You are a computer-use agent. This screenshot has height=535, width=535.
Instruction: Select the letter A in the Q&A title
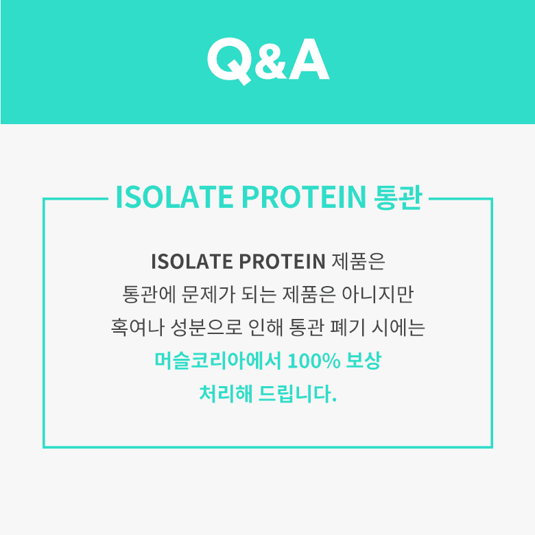pos(309,60)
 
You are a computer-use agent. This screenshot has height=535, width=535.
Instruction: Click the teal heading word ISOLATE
pos(175,197)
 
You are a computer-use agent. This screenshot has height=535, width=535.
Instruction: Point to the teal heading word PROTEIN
pos(304,197)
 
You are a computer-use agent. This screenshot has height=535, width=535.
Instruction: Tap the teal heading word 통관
pos(399,198)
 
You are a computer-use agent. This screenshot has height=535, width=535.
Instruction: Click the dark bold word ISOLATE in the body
pos(192,262)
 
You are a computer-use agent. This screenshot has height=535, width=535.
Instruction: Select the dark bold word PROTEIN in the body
pos(282,262)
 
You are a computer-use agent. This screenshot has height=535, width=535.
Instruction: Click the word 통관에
pos(149,294)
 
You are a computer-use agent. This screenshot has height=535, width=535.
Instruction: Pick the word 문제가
pos(208,294)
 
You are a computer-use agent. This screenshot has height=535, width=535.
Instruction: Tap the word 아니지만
pos(378,294)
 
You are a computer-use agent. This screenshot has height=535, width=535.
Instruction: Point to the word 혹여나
pos(138,327)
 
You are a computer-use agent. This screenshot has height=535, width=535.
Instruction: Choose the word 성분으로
pos(206,327)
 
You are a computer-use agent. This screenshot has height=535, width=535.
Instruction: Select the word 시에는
pos(399,327)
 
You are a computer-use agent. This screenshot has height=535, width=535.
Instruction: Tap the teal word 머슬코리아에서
pos(217,360)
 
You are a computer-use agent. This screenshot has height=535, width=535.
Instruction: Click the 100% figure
pos(314,361)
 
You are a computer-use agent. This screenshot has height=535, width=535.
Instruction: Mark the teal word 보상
pos(364,360)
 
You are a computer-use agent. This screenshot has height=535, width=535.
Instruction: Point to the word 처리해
pos(226,394)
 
